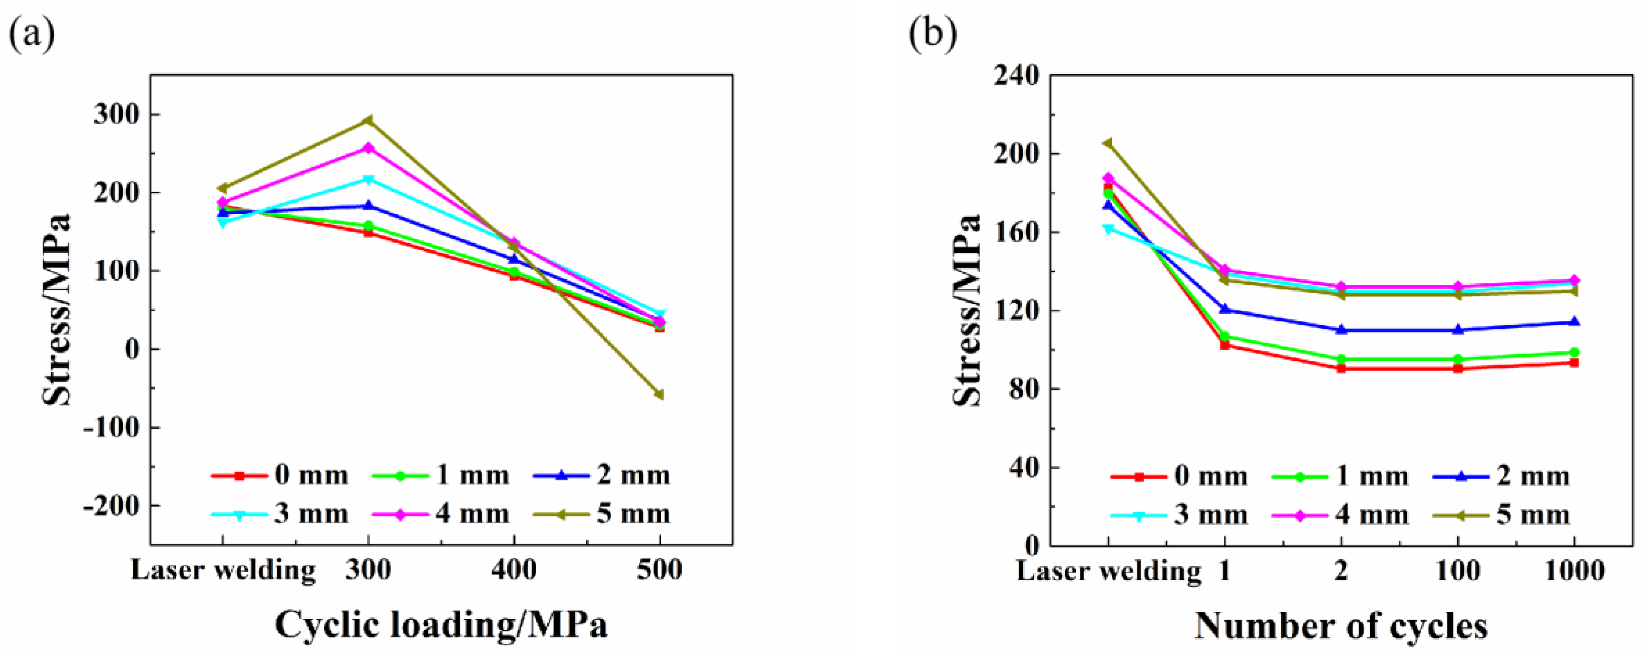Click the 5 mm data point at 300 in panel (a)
tap(368, 120)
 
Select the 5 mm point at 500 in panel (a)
tap(660, 394)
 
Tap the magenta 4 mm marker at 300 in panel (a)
tap(368, 148)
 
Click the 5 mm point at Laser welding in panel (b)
tap(1108, 144)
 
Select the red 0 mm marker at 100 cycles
tap(1457, 369)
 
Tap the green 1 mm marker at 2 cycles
tap(1341, 359)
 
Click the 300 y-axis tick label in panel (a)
tap(117, 115)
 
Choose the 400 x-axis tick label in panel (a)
tap(514, 569)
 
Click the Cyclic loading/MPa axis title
tap(441, 625)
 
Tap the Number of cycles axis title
tap(1341, 626)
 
